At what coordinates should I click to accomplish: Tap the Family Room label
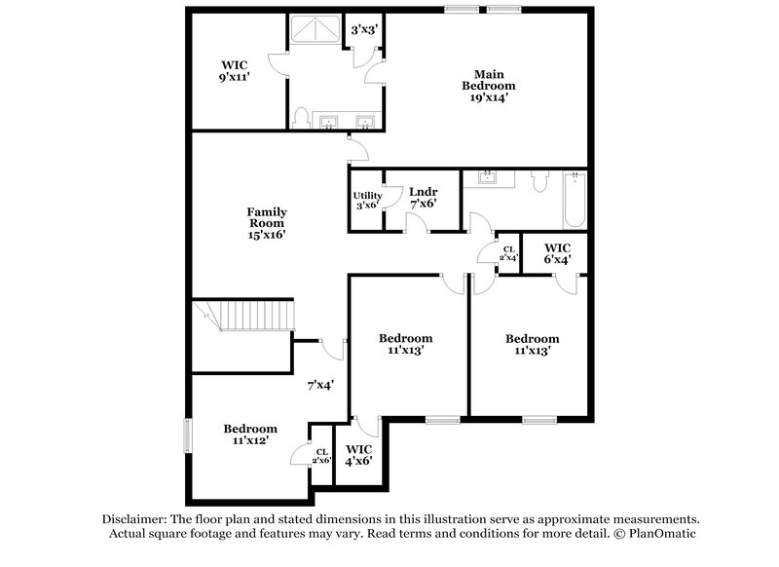coord(266,223)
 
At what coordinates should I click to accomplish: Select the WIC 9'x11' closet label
coord(235,70)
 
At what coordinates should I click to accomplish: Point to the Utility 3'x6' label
coord(367,200)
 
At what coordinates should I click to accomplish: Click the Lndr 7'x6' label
coord(422,197)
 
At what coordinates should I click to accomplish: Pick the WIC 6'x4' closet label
coord(557,253)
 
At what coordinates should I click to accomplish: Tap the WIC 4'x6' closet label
coord(359,455)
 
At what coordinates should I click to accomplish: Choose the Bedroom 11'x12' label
coord(250,434)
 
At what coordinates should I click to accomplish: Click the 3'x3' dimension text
coord(364,30)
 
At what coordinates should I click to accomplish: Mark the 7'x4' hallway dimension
coord(320,385)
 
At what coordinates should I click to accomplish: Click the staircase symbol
coord(243,316)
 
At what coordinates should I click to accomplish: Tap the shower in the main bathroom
coord(314,30)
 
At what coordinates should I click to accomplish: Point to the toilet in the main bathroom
coord(300,119)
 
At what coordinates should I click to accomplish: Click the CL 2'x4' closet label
coord(508,253)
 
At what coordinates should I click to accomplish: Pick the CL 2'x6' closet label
coord(321,454)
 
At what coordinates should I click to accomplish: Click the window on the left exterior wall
coord(189,435)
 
